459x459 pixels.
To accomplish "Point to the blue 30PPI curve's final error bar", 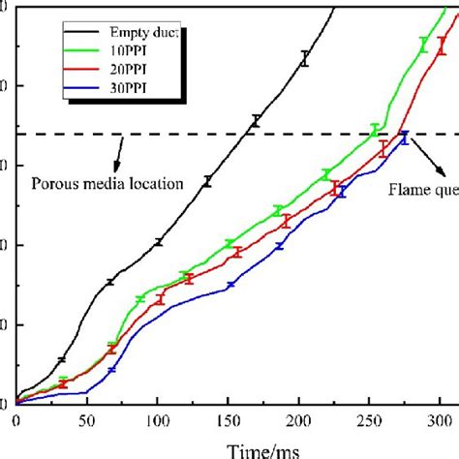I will click(x=404, y=137).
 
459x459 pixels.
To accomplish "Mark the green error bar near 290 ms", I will click(x=423, y=45).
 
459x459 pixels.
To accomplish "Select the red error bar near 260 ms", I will click(x=383, y=148).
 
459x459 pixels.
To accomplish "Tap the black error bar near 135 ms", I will click(x=206, y=181).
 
